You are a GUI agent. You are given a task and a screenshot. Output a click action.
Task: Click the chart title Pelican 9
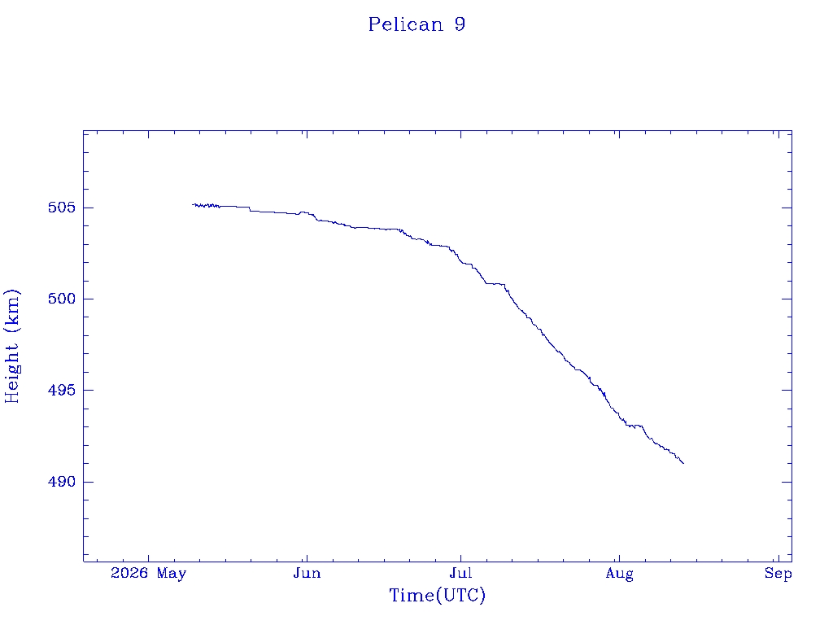click(417, 24)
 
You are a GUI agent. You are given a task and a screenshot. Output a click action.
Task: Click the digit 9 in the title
click(460, 24)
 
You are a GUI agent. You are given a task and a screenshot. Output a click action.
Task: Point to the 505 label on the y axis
click(62, 208)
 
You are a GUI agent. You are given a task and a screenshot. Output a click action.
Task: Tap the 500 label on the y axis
click(62, 299)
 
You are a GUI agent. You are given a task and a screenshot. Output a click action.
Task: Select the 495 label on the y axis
click(62, 390)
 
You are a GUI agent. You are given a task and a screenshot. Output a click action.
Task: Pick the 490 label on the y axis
click(62, 482)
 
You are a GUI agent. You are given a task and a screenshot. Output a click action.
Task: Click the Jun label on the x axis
click(307, 574)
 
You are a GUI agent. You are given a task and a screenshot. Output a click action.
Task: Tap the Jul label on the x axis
click(460, 574)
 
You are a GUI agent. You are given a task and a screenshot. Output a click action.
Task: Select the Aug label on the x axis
click(619, 574)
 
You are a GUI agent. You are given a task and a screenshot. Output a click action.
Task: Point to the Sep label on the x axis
click(778, 574)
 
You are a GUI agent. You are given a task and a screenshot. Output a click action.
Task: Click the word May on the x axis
click(172, 574)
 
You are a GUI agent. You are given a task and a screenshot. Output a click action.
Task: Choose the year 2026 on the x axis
click(129, 574)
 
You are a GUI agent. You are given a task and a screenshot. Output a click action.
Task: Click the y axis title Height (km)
click(11, 347)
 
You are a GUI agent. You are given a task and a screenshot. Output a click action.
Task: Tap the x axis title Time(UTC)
click(437, 596)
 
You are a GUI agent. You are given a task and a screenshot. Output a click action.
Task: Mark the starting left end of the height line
click(192, 204)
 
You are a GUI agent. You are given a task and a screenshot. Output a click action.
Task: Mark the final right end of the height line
click(683, 463)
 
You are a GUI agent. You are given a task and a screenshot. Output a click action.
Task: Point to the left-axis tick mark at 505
click(88, 208)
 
